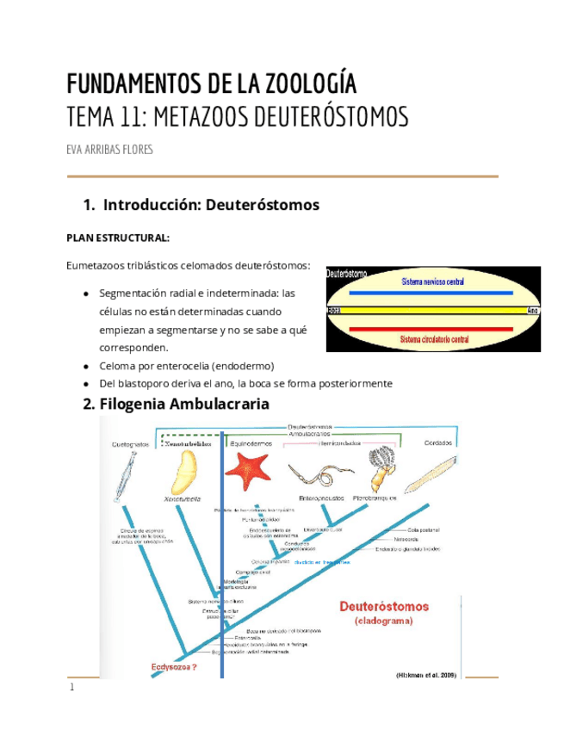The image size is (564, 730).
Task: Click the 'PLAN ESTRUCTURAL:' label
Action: coord(118,238)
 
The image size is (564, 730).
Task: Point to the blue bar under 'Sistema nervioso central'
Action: coord(432,293)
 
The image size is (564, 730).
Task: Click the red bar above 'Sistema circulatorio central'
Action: coord(432,329)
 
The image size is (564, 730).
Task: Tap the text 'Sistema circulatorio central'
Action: coord(433,341)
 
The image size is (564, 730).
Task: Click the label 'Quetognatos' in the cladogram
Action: coord(130,444)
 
